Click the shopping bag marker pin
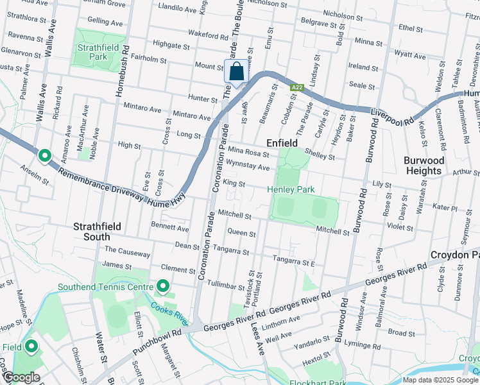[x=236, y=72]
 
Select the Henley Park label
[x=291, y=189]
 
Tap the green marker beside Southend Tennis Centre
[x=163, y=286]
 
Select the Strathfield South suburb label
[x=101, y=232]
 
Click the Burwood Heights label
[x=423, y=166]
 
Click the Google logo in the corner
[x=21, y=377]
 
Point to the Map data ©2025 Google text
[x=440, y=380]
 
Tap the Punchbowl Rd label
[x=157, y=343]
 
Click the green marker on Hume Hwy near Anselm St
[x=44, y=155]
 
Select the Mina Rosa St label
[x=249, y=153]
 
